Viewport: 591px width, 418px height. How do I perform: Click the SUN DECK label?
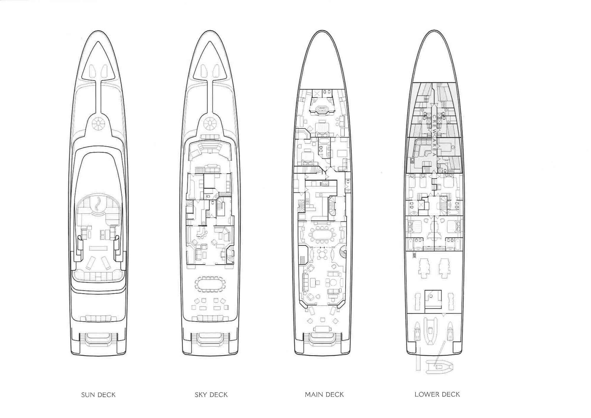pyautogui.click(x=98, y=395)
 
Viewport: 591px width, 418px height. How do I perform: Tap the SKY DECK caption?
pyautogui.click(x=211, y=395)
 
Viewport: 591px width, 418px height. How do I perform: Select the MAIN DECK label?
pyautogui.click(x=324, y=395)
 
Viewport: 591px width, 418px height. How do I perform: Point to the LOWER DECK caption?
pyautogui.click(x=437, y=394)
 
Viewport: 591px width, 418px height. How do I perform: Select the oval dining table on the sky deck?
pyautogui.click(x=210, y=284)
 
